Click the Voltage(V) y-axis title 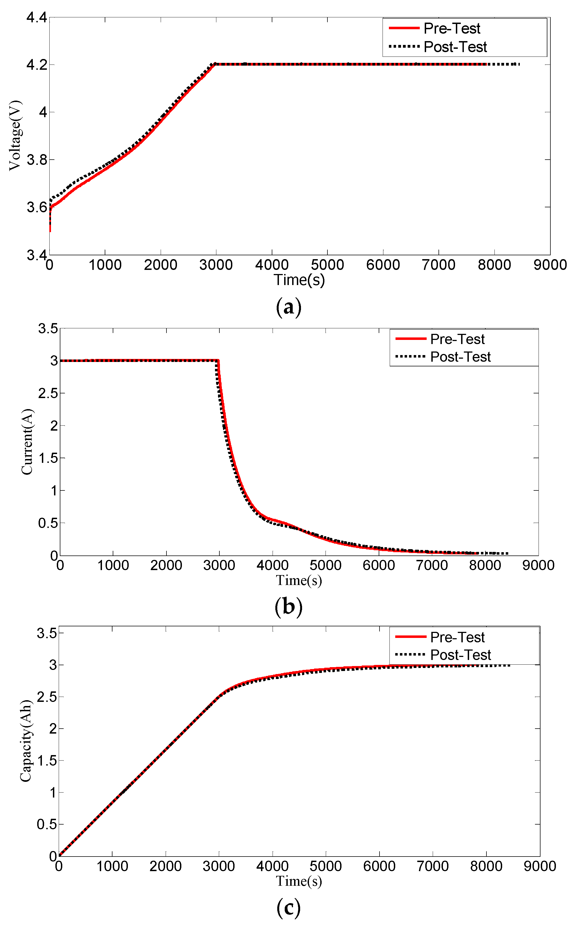15,135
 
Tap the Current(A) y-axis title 27,442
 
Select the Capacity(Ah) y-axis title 26,741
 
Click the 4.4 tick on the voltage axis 37,17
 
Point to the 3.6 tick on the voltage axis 37,207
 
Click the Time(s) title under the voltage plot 299,280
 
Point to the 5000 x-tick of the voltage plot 327,265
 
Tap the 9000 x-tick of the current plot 538,565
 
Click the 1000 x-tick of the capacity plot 112,866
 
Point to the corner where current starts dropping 218,361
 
